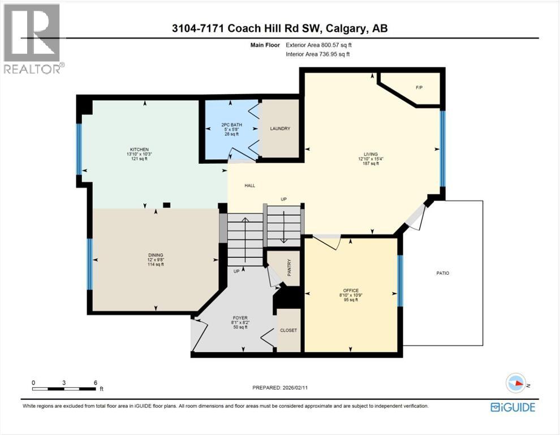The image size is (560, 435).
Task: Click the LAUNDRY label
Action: click(x=280, y=129)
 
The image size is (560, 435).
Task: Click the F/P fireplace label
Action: click(x=419, y=87)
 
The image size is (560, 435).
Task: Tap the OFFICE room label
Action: click(x=351, y=291)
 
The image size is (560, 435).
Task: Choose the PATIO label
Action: click(x=442, y=273)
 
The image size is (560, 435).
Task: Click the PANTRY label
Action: click(x=288, y=267)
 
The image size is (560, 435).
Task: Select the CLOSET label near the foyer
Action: click(x=288, y=330)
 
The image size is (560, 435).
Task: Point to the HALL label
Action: click(x=249, y=185)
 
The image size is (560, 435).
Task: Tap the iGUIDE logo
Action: click(x=513, y=407)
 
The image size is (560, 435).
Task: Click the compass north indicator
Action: click(x=516, y=383)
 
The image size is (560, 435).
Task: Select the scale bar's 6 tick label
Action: click(x=96, y=382)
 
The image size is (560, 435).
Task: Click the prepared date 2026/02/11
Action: click(x=303, y=388)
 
